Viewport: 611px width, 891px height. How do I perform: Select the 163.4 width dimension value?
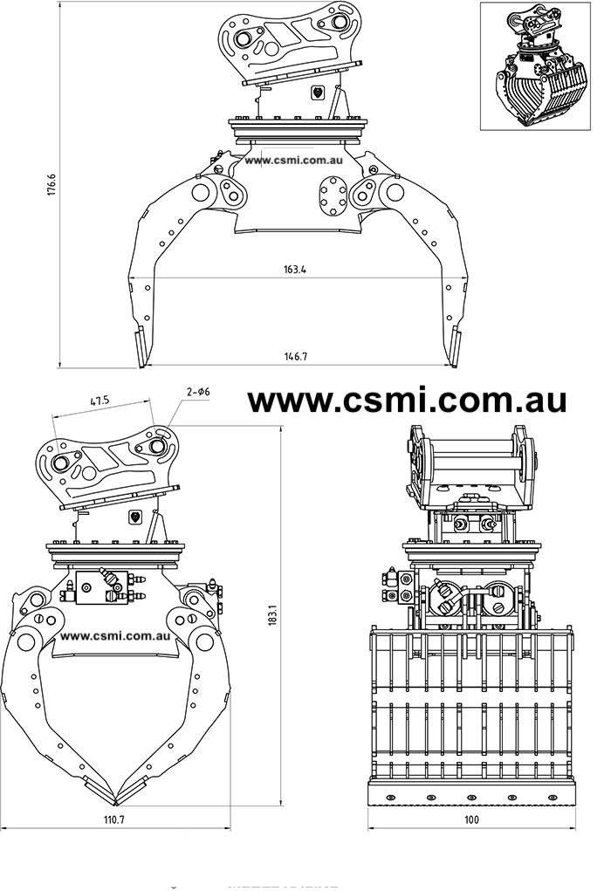[x=296, y=269]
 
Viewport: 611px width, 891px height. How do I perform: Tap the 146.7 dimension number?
[x=296, y=356]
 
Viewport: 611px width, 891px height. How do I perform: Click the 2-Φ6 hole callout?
[x=197, y=393]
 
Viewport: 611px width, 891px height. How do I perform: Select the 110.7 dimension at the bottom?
[x=114, y=819]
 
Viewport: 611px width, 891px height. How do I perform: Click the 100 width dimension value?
[x=471, y=819]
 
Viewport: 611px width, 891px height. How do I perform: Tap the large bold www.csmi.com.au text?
[x=408, y=400]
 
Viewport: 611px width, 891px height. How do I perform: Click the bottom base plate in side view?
[x=471, y=793]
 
